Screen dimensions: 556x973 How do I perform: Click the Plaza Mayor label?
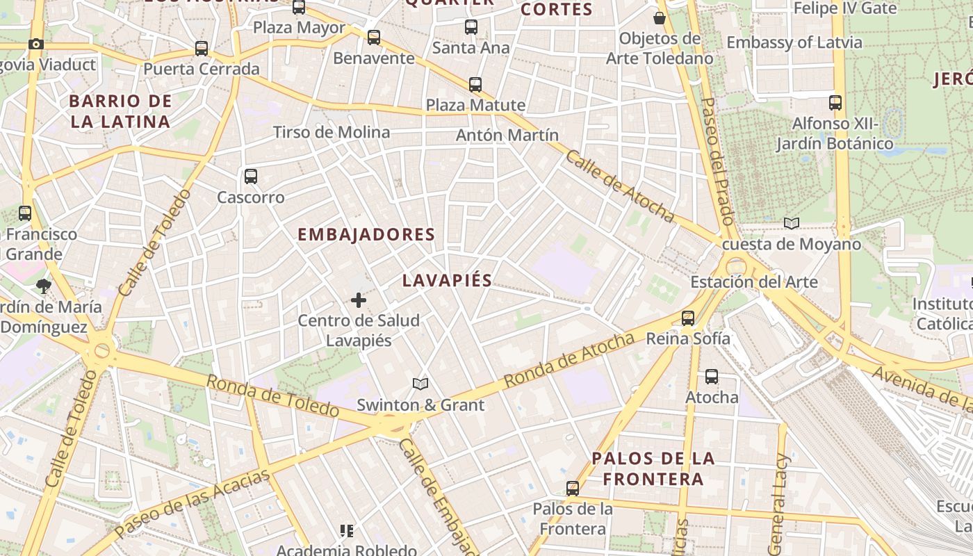pos(299,28)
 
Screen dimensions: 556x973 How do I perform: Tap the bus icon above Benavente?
pos(374,38)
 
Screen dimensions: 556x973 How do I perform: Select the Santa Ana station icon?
pos(471,27)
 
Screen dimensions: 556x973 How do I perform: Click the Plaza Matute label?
pos(475,106)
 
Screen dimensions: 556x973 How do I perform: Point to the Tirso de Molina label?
pos(332,132)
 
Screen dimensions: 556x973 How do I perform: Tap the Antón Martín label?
pos(507,136)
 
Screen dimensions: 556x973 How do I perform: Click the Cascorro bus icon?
pos(251,177)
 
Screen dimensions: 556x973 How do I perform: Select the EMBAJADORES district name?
pos(366,235)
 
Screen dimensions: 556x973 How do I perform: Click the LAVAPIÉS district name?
pos(447,281)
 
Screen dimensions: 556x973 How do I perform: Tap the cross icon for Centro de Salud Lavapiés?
pos(359,300)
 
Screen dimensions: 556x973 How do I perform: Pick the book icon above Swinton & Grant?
pos(420,384)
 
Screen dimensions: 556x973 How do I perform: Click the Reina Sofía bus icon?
pos(688,318)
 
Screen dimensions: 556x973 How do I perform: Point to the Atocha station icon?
pos(712,377)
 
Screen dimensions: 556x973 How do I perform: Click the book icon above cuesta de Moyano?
pos(791,223)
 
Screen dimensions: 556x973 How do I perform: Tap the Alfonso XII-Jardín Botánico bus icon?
pos(835,103)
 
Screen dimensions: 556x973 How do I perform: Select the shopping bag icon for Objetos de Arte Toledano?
pos(659,18)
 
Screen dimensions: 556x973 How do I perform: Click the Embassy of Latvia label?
pos(794,42)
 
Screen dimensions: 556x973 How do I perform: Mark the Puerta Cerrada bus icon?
pos(202,49)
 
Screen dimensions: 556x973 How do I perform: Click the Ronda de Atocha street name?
pos(569,360)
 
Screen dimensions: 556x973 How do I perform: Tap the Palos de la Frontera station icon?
pos(573,489)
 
